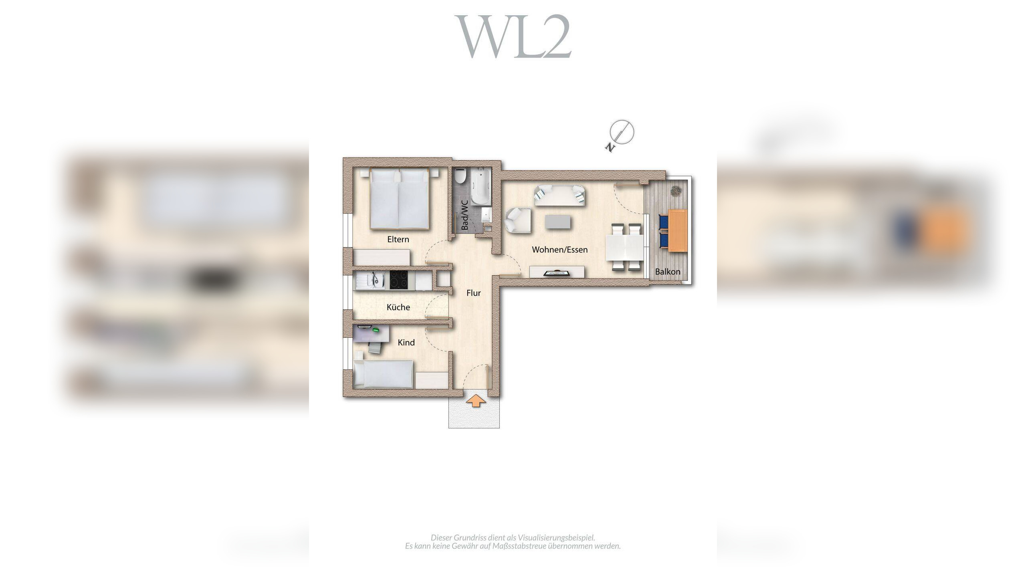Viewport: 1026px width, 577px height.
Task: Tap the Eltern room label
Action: (x=398, y=239)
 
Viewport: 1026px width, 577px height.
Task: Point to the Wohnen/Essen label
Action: (x=559, y=250)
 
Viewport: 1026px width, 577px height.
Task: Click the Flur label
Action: (x=473, y=293)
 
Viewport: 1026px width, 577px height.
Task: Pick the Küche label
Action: (x=398, y=307)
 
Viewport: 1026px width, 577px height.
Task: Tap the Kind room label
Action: (x=406, y=343)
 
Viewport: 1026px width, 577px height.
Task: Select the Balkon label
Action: (x=667, y=272)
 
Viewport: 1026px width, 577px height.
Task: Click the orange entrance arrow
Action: (x=476, y=401)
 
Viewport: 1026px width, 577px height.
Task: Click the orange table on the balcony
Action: (x=678, y=230)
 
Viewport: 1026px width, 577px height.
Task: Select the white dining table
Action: (x=624, y=247)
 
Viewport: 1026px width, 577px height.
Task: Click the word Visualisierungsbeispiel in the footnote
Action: (x=556, y=538)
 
